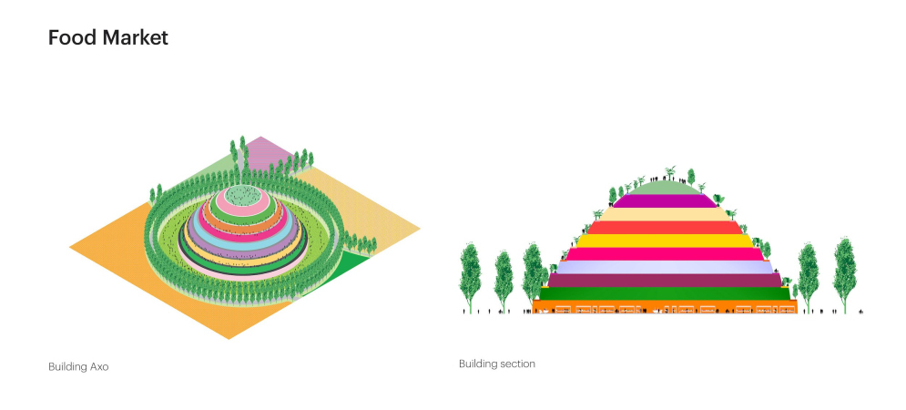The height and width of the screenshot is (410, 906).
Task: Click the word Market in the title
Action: point(136,37)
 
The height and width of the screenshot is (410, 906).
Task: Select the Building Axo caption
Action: point(78,366)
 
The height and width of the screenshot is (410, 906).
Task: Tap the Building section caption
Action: point(497,364)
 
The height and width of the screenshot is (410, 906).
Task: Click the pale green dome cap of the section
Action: point(665,189)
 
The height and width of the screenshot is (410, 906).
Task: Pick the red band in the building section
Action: point(665,228)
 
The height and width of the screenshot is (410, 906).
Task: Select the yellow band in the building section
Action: point(665,241)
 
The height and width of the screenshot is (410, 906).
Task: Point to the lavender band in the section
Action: point(665,267)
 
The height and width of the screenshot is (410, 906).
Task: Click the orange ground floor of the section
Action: point(665,306)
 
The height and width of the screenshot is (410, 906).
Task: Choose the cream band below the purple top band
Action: point(665,214)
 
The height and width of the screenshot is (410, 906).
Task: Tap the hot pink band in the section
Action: point(665,254)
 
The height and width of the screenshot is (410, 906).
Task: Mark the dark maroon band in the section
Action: point(665,281)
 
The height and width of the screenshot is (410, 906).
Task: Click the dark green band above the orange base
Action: point(665,293)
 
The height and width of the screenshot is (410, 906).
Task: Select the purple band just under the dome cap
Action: point(665,201)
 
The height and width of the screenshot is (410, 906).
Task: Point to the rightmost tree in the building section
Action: point(845,275)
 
